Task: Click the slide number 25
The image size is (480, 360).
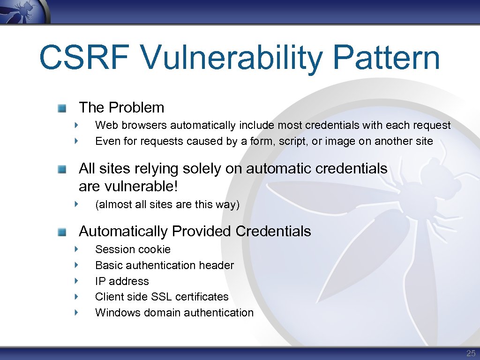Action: (x=471, y=353)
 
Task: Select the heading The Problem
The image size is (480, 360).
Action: (x=121, y=107)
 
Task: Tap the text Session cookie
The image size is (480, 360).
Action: (x=133, y=249)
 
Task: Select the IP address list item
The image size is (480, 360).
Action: (x=122, y=281)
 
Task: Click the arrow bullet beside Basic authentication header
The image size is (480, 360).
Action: (x=76, y=265)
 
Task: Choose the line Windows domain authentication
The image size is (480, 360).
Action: (x=174, y=313)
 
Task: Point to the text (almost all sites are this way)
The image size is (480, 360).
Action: (x=167, y=205)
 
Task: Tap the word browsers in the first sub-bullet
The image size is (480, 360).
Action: (x=144, y=126)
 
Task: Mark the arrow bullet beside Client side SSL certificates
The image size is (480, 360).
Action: (x=76, y=297)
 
